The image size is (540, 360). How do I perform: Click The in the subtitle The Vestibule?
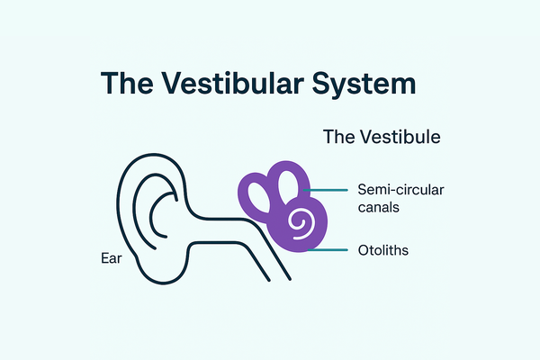[x=338, y=139]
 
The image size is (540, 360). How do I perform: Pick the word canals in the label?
[x=378, y=207]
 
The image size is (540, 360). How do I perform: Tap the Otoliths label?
[x=382, y=250]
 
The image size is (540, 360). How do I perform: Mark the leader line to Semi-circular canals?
[x=330, y=191]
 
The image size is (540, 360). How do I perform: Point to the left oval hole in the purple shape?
[x=260, y=193]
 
